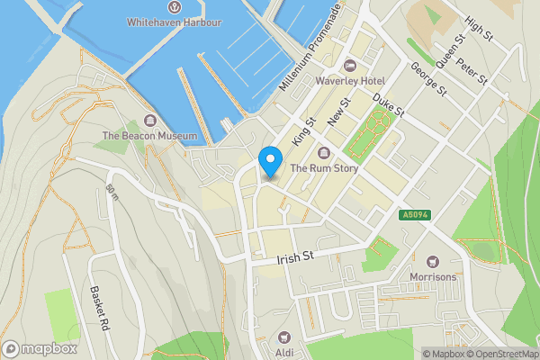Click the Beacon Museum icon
[x=148, y=121]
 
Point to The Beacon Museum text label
[x=148, y=136]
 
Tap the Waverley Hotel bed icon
[x=350, y=65]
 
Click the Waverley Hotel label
[x=350, y=80]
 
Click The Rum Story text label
[x=324, y=167]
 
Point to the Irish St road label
[x=294, y=257]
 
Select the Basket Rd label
[x=99, y=309]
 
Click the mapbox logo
[x=40, y=348]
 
